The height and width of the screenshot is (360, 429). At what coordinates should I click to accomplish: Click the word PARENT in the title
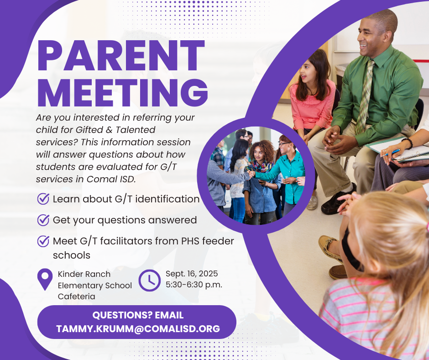(121, 56)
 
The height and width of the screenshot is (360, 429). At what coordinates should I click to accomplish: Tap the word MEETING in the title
(123, 93)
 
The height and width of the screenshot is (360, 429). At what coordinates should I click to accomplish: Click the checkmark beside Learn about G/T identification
(43, 199)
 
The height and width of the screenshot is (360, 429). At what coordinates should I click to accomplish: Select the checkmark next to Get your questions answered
(43, 220)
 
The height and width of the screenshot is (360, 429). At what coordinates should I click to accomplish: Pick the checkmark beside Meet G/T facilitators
(43, 241)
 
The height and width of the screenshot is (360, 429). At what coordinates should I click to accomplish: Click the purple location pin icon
(45, 279)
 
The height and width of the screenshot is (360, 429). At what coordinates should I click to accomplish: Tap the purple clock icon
(149, 280)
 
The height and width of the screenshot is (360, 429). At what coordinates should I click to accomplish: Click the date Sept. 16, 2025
(192, 273)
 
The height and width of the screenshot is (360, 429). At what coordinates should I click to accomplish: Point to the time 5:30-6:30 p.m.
(194, 285)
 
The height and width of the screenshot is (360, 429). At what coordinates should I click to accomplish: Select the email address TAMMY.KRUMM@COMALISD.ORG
(138, 329)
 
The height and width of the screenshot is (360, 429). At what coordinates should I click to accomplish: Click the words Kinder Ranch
(84, 274)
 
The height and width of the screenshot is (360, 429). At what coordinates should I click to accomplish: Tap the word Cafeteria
(76, 296)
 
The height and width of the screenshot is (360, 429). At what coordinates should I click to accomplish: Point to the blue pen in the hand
(391, 153)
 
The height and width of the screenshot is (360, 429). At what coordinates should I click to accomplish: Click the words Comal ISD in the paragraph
(111, 179)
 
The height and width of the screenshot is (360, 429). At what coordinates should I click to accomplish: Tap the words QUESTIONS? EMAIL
(138, 315)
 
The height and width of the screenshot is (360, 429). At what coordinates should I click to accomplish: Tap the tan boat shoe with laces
(330, 249)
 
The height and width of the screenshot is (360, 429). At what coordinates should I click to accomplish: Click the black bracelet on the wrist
(408, 143)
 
